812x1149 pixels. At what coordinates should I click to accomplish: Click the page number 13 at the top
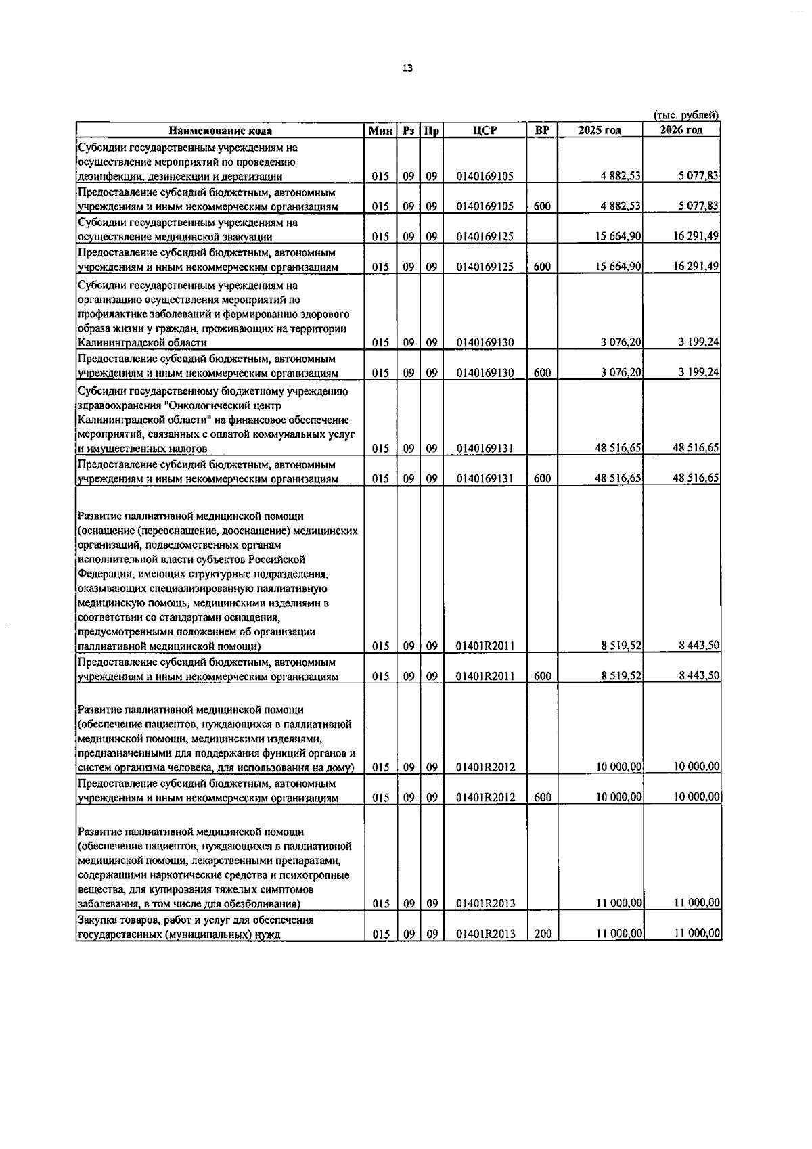click(407, 68)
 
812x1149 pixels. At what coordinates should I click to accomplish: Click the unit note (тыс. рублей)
click(685, 116)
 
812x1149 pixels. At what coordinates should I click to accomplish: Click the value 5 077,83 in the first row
click(700, 177)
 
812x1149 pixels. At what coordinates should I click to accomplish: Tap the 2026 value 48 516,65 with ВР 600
click(696, 478)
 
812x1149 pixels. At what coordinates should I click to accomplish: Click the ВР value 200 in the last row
click(543, 934)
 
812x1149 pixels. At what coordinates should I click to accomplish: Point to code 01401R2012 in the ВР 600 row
click(485, 798)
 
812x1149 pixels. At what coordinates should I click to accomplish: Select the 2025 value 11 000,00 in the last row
click(618, 934)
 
